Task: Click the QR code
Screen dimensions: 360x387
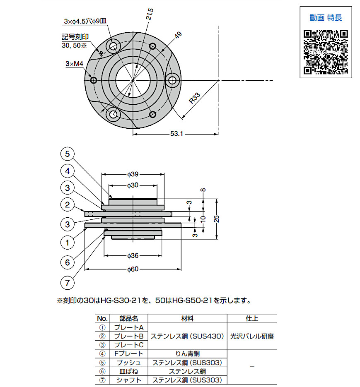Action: coord(326,52)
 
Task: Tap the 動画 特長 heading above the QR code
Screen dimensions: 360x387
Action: coord(326,18)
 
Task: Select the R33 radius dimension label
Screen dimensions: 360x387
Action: coord(194,98)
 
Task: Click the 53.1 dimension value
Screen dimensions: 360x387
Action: coord(176,134)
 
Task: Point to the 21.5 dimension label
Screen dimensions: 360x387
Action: coord(150,14)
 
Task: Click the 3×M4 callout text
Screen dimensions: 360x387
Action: coord(75,64)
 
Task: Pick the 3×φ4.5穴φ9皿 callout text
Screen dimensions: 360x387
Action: coord(85,21)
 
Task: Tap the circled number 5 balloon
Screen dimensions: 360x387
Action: coord(68,154)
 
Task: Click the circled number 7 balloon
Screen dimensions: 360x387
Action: coord(68,283)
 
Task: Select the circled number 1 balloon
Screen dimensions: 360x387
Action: coord(68,243)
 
